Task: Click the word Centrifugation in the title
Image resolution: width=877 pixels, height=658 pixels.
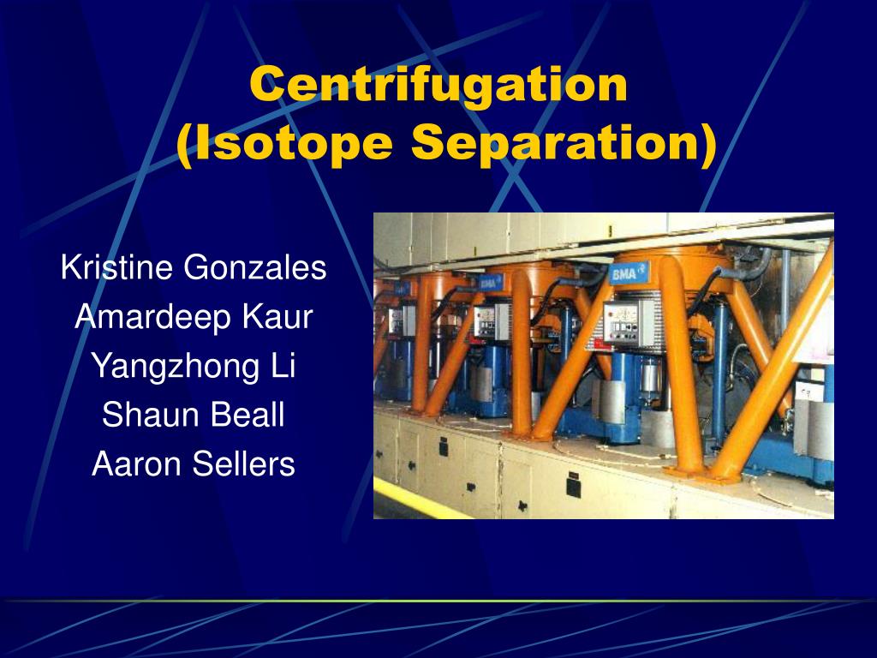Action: pos(438,85)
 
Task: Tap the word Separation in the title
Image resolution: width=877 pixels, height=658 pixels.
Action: pos(564,142)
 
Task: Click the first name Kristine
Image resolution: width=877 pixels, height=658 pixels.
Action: pos(118,268)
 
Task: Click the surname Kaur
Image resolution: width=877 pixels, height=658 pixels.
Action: pos(277,318)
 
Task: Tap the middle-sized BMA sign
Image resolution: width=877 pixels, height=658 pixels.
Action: pos(491,282)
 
